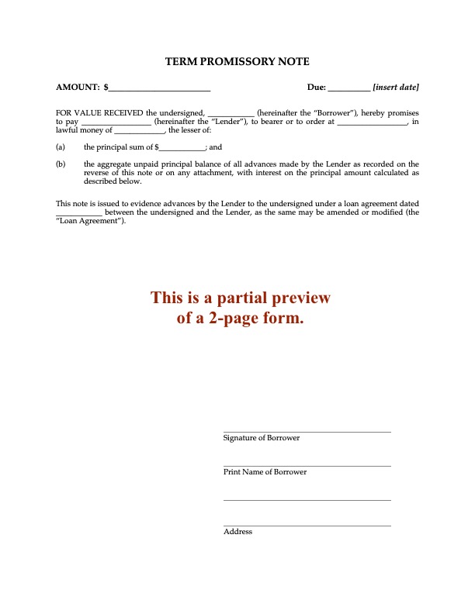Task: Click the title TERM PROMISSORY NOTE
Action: pyautogui.click(x=237, y=61)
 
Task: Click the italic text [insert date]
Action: pyautogui.click(x=396, y=88)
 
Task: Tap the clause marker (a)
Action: pyautogui.click(x=61, y=147)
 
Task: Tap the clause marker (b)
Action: pyautogui.click(x=61, y=164)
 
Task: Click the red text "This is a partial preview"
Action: pyautogui.click(x=241, y=298)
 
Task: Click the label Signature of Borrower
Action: pyautogui.click(x=262, y=438)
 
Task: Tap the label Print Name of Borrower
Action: pyautogui.click(x=265, y=472)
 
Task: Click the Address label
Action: pyautogui.click(x=237, y=532)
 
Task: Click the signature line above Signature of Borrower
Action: pyautogui.click(x=307, y=432)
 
